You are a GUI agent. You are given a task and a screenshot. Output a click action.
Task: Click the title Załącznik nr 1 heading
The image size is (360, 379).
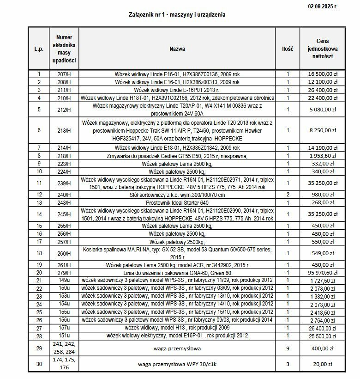pos(177,15)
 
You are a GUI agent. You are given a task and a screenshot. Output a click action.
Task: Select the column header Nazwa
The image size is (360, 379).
pos(177,49)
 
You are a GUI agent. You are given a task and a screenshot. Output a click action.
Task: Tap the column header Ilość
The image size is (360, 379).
pos(288,49)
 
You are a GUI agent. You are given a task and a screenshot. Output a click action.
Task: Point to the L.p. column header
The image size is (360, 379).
pos(39,49)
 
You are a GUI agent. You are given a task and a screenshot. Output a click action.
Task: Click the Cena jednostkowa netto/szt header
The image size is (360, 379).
pos(322,49)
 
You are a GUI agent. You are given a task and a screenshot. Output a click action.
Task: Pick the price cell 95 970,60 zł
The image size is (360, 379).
pos(322,273)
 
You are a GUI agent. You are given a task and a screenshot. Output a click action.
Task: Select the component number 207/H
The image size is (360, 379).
pos(64,73)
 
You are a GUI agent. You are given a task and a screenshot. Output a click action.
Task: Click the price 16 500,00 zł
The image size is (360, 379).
pos(322,73)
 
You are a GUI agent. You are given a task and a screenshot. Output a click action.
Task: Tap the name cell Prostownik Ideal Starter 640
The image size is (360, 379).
pos(177,202)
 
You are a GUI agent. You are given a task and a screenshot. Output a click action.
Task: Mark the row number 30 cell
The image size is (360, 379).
pos(39,364)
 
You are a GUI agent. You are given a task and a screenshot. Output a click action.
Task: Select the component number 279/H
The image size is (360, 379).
pos(64,273)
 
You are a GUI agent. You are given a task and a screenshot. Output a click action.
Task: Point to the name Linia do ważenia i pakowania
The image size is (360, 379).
pos(177,273)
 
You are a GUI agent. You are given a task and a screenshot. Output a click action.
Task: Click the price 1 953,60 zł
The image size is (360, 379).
pos(322,156)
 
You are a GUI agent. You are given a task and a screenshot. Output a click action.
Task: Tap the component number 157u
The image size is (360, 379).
pos(64,328)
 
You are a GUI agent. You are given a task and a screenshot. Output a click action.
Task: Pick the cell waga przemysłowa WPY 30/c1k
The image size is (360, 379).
pos(177,364)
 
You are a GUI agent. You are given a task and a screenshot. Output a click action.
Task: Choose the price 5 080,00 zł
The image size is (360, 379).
pos(322,110)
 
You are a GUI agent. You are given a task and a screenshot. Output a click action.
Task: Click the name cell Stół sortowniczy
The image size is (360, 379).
pos(177,195)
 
